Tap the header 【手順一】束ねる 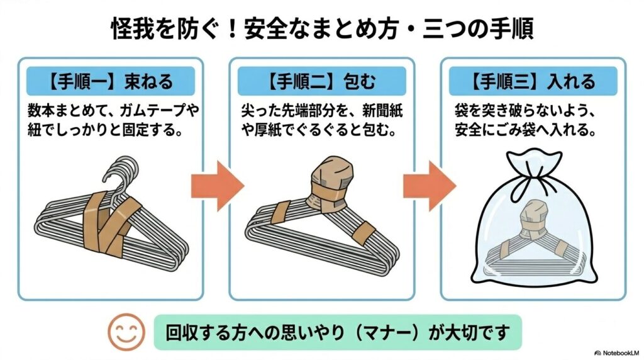coord(110,81)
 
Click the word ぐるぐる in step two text coord(321,132)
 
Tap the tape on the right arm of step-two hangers coord(363,234)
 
